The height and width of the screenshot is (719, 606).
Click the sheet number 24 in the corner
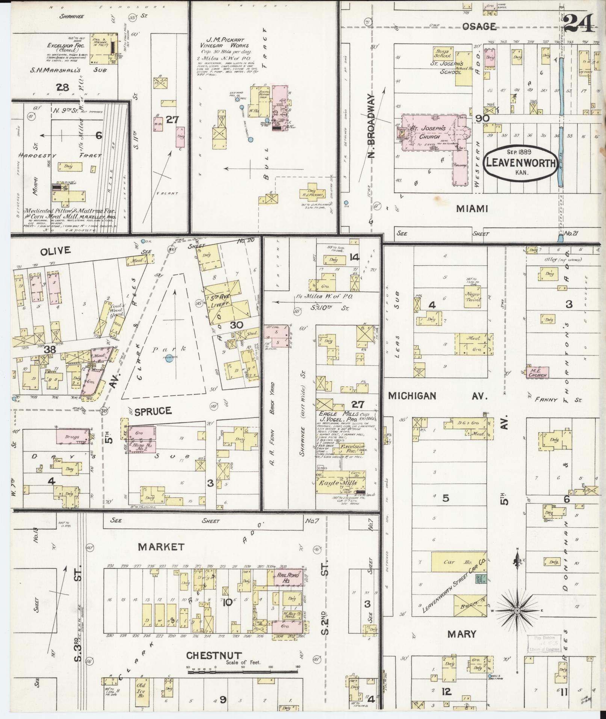[x=579, y=23]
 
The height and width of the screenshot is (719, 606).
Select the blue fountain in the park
[x=169, y=359]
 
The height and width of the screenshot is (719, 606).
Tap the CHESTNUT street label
[x=214, y=655]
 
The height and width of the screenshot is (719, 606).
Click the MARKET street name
[x=161, y=546]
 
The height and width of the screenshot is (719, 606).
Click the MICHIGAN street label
[x=412, y=396]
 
